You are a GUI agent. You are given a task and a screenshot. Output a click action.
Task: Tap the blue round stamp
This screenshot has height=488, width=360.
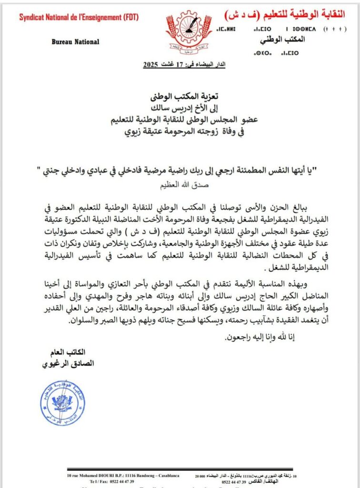pyautogui.click(x=63, y=403)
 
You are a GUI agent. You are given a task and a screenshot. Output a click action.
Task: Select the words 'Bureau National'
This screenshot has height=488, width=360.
pyautogui.click(x=76, y=41)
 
